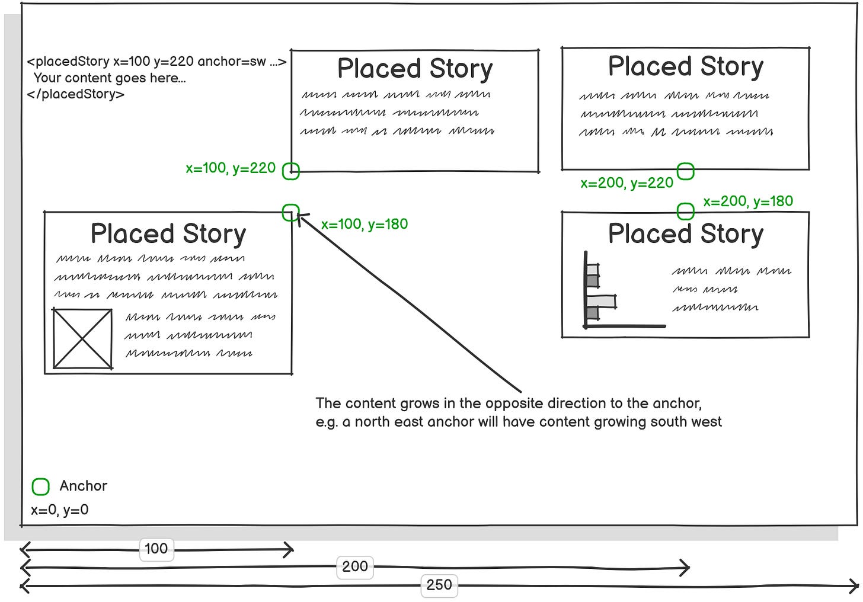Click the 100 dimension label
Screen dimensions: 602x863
point(156,549)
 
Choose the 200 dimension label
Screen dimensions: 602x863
point(354,566)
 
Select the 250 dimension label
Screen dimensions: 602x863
point(439,585)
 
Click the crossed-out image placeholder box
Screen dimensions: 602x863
point(82,338)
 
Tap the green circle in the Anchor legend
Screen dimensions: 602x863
point(40,486)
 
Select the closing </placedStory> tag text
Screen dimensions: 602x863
point(76,94)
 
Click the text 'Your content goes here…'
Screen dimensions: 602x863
point(110,78)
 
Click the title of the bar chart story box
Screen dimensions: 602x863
point(686,233)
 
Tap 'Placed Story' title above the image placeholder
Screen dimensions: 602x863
point(168,233)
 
